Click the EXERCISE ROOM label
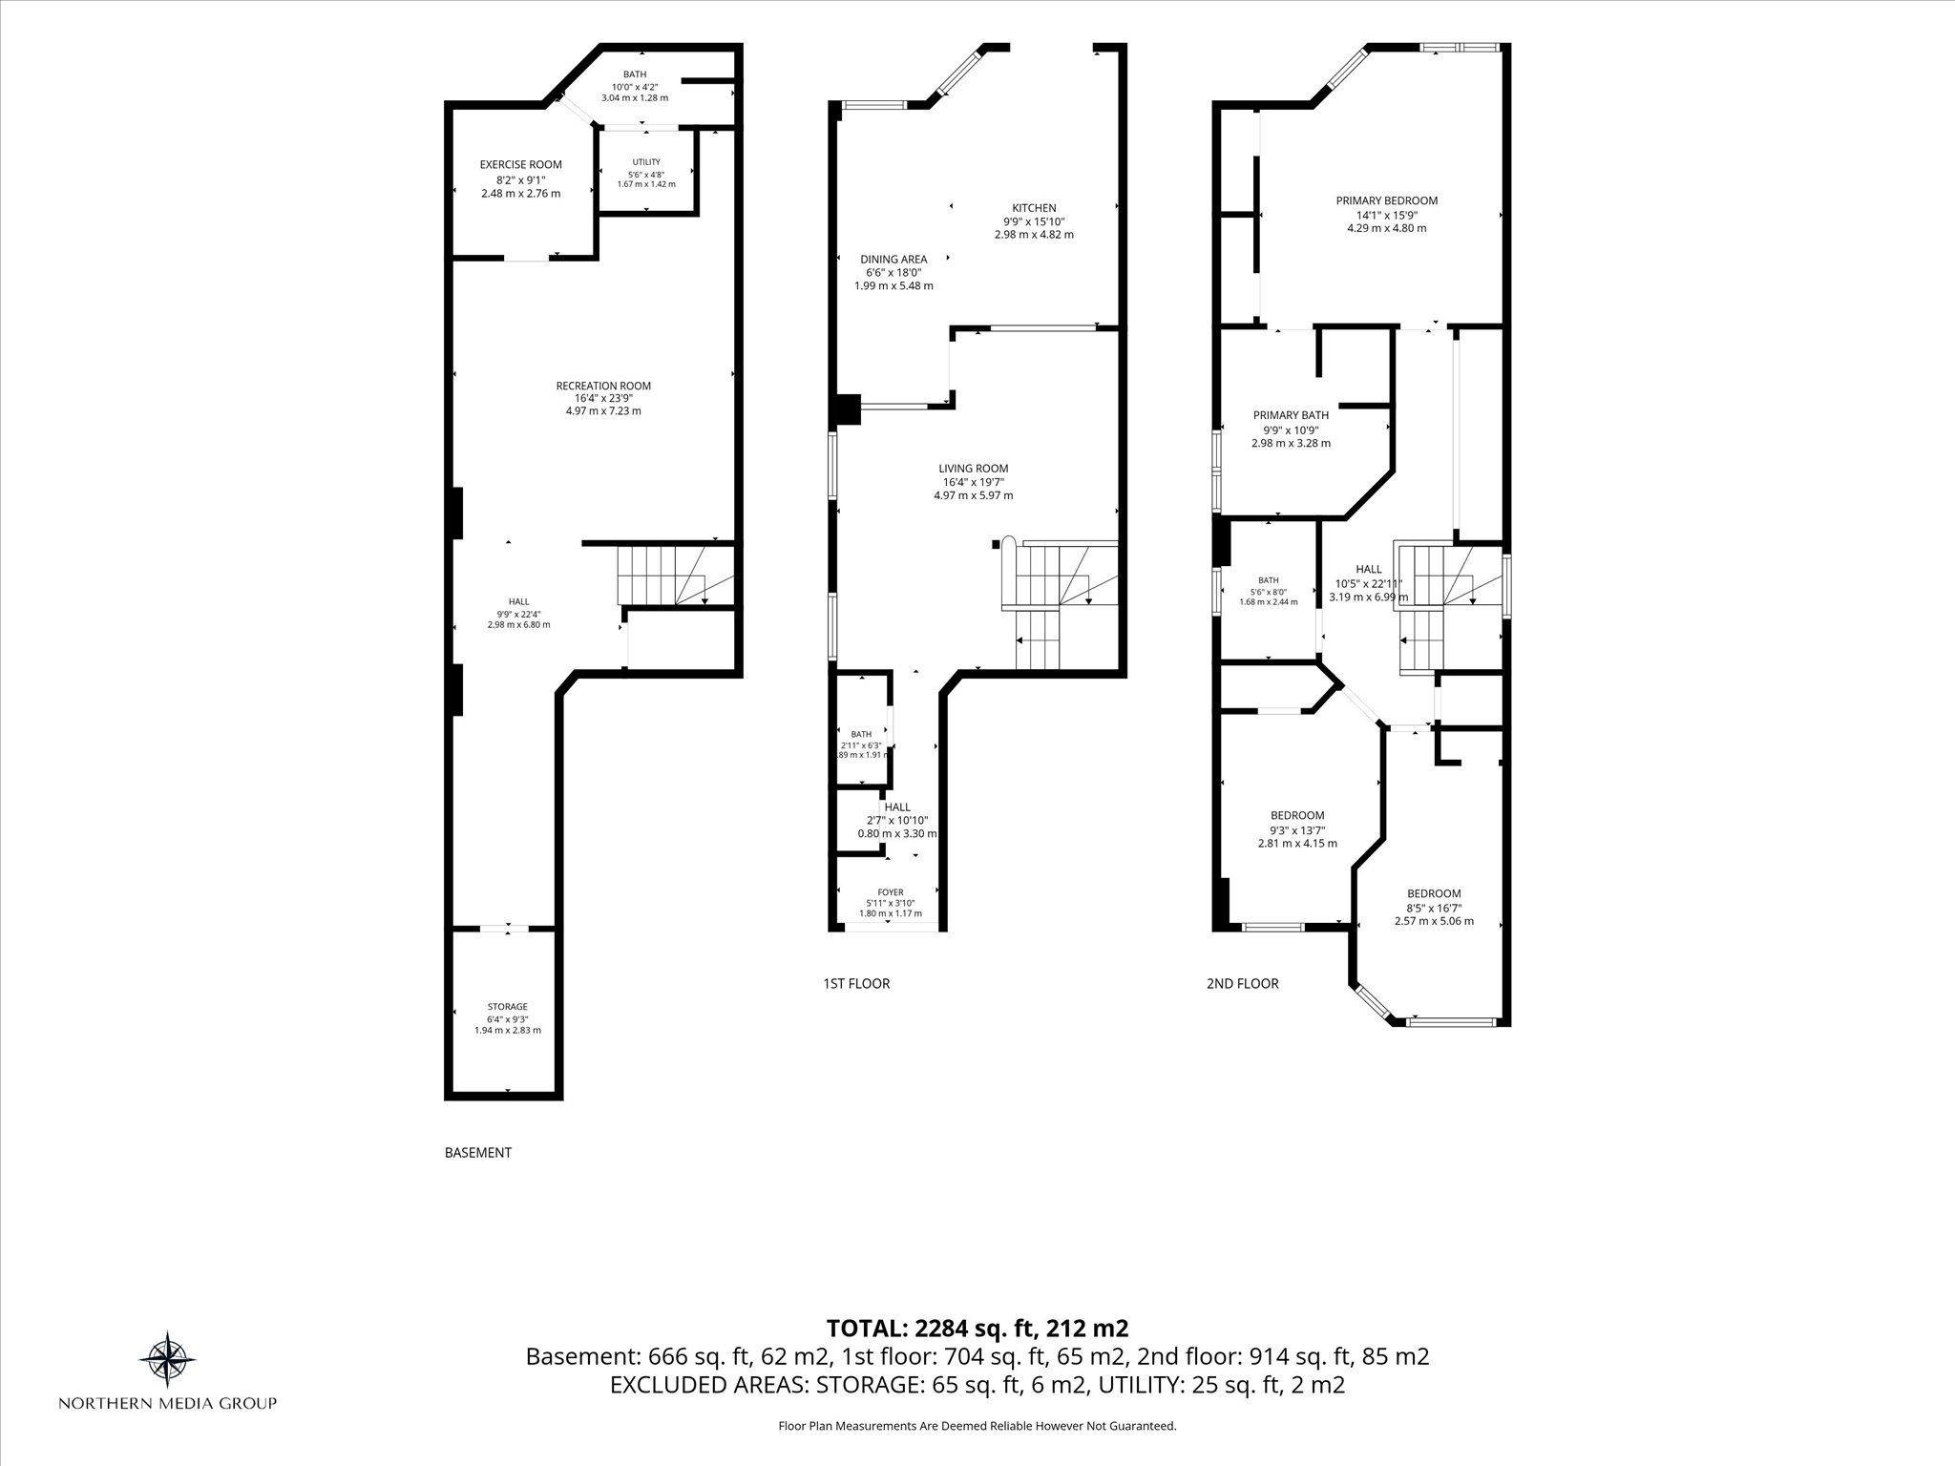click(520, 164)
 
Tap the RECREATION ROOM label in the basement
click(603, 386)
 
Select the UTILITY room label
click(646, 162)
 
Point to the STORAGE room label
click(507, 1006)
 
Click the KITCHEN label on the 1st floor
click(1034, 208)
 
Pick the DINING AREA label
click(893, 260)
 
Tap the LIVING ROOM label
click(973, 469)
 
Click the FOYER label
click(890, 892)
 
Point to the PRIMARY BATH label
click(1291, 415)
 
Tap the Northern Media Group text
click(168, 1403)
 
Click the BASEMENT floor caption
click(478, 1153)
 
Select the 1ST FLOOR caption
click(856, 983)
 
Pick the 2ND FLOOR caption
click(1243, 983)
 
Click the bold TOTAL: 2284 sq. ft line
click(977, 1328)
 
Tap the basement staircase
click(676, 575)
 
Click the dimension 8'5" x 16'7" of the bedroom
click(1434, 908)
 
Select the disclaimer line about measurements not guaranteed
click(977, 1426)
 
